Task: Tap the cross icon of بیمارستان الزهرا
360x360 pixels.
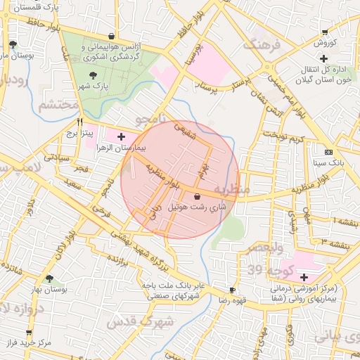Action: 121,136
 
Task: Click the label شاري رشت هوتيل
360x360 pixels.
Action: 198,207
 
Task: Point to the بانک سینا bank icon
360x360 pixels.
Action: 328,152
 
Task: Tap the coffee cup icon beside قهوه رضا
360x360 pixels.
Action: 232,290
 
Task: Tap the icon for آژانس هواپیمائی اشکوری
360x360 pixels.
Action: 112,36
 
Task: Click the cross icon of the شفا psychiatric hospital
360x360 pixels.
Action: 304,278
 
